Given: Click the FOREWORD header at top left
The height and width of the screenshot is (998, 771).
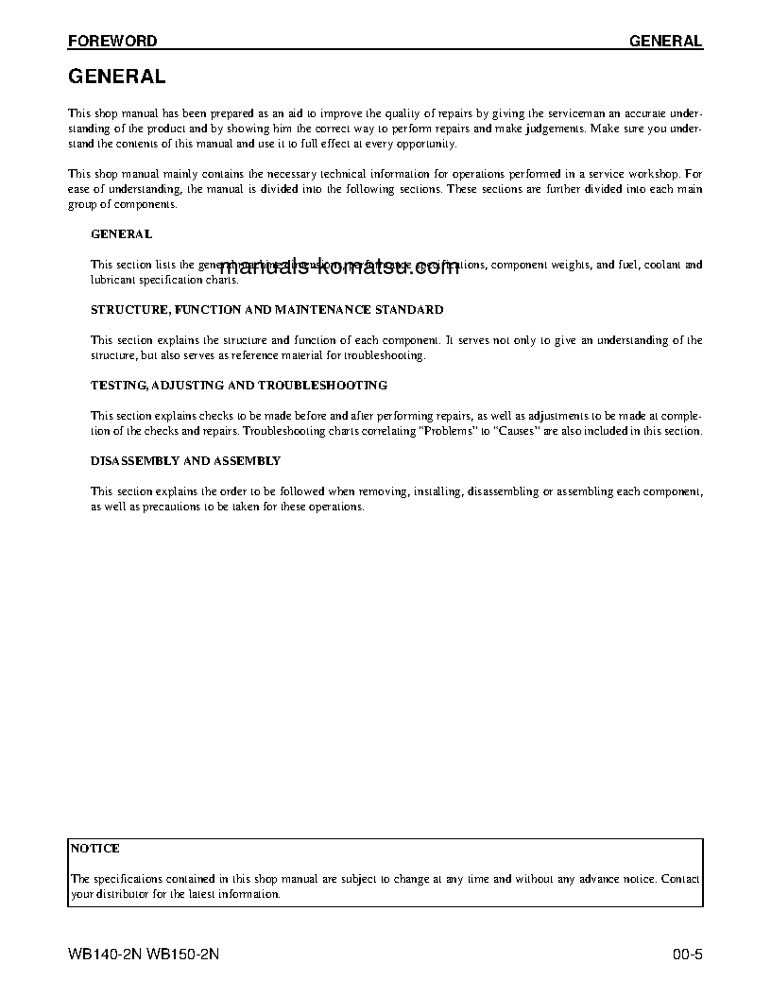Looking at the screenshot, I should (x=112, y=42).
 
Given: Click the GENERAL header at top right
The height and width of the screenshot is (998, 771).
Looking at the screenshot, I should (x=665, y=42).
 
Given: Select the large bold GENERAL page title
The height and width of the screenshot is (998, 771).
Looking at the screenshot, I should (x=117, y=77).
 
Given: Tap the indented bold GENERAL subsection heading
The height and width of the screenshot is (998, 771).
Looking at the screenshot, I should (x=121, y=233).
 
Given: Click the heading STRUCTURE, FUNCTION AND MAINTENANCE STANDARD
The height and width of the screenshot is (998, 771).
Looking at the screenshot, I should (x=266, y=309).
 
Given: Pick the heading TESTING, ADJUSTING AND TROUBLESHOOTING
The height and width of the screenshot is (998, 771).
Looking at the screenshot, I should (x=238, y=385).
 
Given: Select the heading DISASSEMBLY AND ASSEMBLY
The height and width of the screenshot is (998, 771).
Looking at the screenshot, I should (x=185, y=460).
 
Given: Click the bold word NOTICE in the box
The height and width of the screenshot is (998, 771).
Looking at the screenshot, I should (x=95, y=849).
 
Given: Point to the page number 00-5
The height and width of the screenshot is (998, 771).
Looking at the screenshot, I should (x=687, y=954).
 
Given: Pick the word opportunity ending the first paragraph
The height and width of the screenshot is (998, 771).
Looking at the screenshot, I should (x=425, y=144).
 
